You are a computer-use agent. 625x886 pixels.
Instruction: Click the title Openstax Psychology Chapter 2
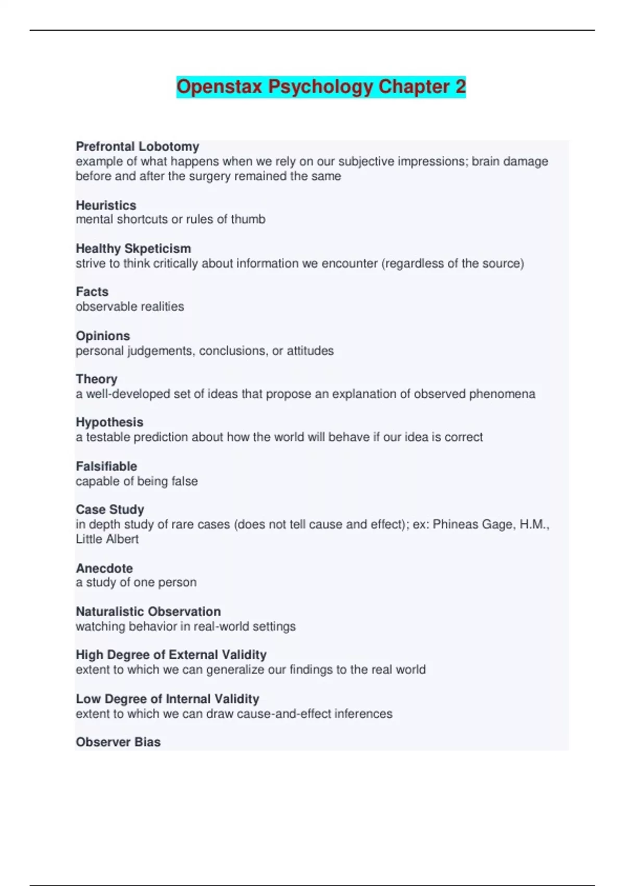[x=321, y=87]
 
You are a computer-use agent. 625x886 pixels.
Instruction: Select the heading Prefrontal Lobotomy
[x=137, y=146]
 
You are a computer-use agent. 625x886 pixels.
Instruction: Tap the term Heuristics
[x=106, y=205]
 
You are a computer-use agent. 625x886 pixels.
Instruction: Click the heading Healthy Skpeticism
[x=133, y=249]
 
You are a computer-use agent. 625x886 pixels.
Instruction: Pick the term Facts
[x=92, y=292]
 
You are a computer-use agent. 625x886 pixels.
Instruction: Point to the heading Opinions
[x=103, y=336]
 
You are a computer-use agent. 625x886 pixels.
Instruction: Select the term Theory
[x=96, y=379]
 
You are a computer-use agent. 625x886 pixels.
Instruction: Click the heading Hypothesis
[x=109, y=422]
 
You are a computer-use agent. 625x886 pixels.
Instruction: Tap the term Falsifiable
[x=106, y=466]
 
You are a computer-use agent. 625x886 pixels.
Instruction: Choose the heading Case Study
[x=110, y=509]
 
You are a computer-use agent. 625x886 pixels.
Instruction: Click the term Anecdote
[x=104, y=568]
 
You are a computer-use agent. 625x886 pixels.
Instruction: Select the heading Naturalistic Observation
[x=148, y=611]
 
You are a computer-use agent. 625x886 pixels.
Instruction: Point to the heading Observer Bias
[x=118, y=742]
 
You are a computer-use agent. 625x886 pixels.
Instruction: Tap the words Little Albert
[x=107, y=539]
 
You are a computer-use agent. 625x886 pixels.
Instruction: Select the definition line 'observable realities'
[x=130, y=306]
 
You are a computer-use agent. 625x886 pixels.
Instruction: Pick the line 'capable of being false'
[x=136, y=481]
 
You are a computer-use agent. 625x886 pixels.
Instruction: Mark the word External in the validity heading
[x=192, y=655]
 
